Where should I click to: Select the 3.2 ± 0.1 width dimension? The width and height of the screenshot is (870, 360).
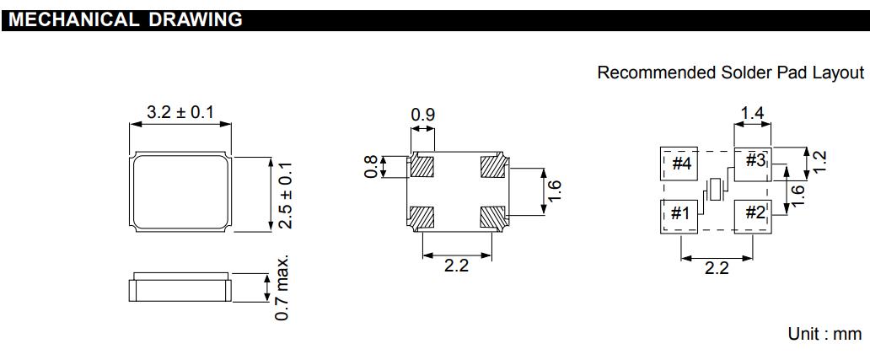coord(180,112)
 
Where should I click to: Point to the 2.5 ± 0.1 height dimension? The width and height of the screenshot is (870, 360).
coord(285,195)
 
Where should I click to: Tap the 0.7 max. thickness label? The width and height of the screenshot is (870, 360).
coord(283,288)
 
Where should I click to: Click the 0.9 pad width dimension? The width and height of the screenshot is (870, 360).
coord(422,114)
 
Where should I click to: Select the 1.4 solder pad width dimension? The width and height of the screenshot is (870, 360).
coord(753,112)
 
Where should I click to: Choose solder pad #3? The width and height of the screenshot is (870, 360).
coord(753,160)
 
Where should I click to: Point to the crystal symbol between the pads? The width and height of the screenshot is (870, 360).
coord(717,189)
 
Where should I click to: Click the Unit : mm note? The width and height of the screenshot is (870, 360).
coord(824,334)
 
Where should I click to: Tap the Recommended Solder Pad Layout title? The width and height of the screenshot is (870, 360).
coord(730,73)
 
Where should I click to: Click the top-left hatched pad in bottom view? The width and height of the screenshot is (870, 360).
coord(422,166)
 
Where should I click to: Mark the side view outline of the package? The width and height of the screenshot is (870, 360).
coord(180,287)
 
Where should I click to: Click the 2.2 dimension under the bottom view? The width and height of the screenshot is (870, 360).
coord(456,266)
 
